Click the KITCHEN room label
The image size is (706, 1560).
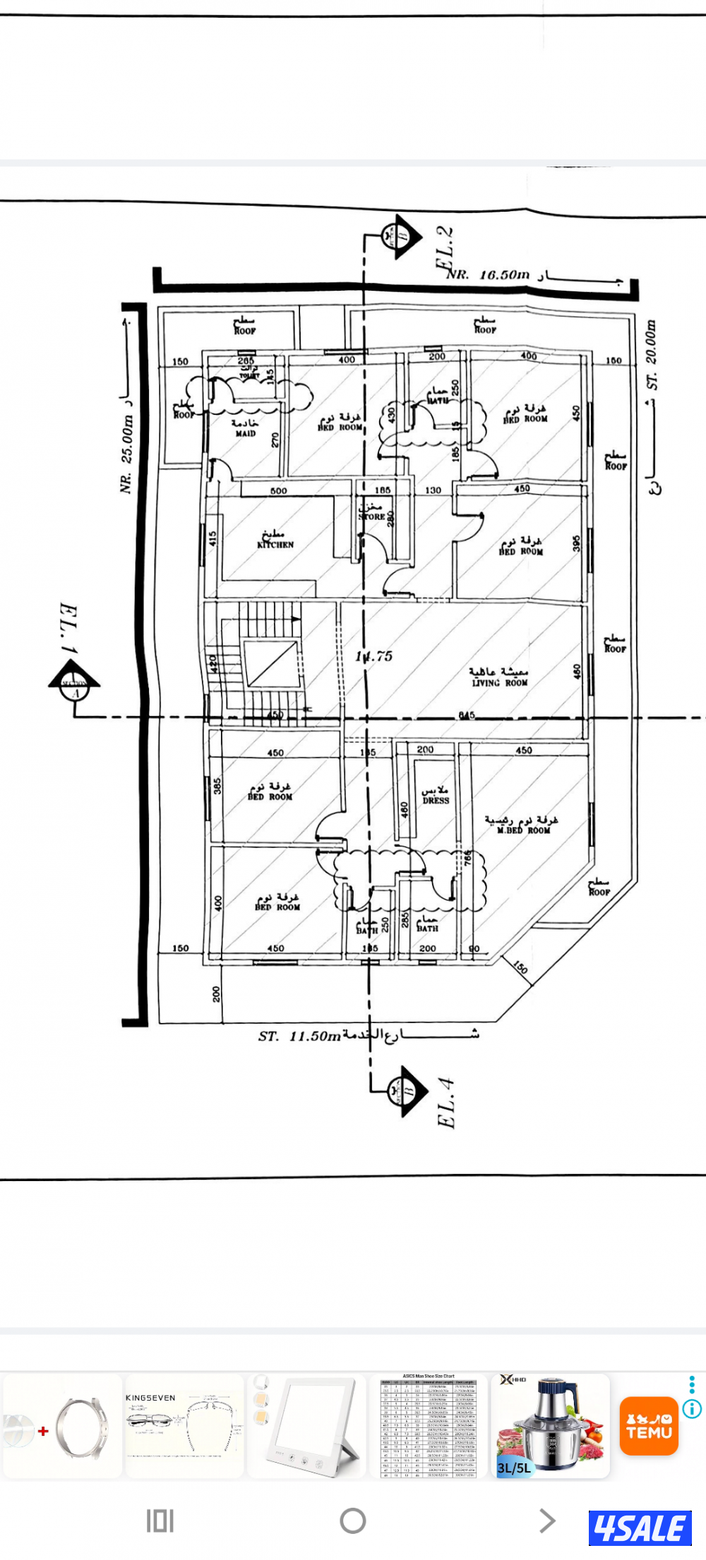pos(275,544)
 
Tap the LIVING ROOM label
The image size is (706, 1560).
pos(499,682)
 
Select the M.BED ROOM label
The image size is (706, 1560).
pos(523,830)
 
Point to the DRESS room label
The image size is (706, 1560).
pos(436,800)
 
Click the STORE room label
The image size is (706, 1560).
pos(371,516)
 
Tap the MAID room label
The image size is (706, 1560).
pos(245,433)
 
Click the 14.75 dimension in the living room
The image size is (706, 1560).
pos(373,656)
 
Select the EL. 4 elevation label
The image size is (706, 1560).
pos(446,1103)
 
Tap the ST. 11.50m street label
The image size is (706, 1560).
pos(299,1036)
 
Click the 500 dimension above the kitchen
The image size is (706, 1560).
pos(279,490)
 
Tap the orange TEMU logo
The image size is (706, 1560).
pos(649,1426)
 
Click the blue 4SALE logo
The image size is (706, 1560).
pos(640,1529)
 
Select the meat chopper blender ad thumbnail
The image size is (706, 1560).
pos(549,1425)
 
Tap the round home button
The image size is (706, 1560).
pos(352,1520)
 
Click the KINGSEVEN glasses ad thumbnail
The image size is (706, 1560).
pos(184,1425)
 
